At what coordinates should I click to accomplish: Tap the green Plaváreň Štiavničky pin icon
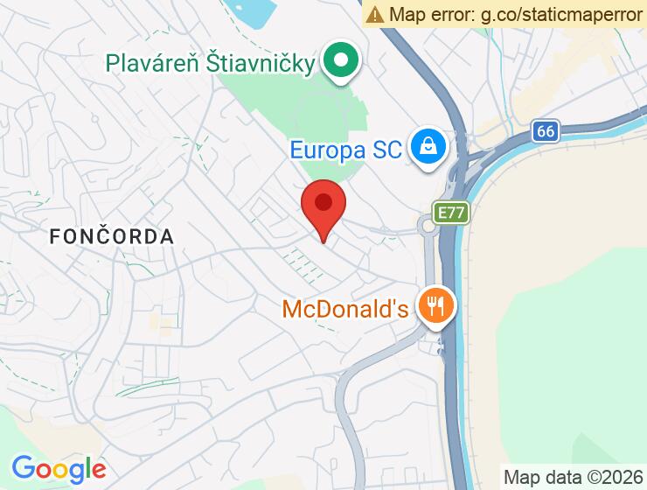point(341,61)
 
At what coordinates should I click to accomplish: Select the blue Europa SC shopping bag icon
point(430,146)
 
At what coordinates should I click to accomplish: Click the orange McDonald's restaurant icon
point(434,306)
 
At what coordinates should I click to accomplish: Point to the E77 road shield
point(451,213)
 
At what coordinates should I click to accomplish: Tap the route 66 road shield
point(546,131)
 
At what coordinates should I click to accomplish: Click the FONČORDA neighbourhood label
point(111,236)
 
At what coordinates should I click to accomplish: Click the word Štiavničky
point(261,63)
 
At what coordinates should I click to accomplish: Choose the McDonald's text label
point(345,310)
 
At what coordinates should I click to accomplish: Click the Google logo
point(59,469)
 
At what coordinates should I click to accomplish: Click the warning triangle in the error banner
point(376,14)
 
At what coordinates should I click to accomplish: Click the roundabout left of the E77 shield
point(428,227)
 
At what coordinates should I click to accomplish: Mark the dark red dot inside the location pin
point(323,202)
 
